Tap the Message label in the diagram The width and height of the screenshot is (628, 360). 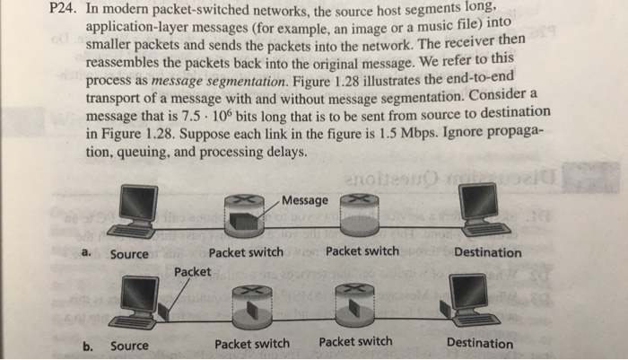pyautogui.click(x=305, y=199)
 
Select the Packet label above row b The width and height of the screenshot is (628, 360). pyautogui.click(x=193, y=270)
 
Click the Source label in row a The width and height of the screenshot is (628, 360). pyautogui.click(x=129, y=254)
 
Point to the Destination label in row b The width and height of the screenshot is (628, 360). pyautogui.click(x=480, y=343)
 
